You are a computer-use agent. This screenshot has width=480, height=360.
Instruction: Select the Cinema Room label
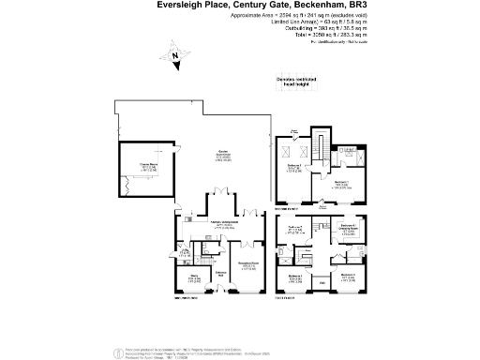[x=148, y=166]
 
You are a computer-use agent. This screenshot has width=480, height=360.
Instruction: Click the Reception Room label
[x=247, y=265]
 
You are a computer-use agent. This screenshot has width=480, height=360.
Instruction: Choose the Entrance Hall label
[x=222, y=273]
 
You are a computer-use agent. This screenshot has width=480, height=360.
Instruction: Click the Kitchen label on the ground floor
[x=223, y=224]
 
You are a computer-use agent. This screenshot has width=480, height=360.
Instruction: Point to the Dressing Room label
[x=347, y=228]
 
